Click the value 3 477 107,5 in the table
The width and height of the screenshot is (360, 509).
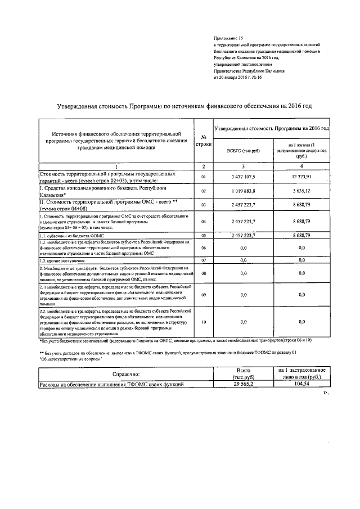coord(243,177)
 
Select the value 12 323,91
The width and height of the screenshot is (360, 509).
coord(301,177)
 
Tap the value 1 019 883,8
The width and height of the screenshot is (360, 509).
coord(243,191)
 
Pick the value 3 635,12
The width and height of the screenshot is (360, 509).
coord(301,191)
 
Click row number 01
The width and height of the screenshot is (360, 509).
coord(204,177)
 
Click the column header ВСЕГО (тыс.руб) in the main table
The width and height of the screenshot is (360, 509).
coord(243,151)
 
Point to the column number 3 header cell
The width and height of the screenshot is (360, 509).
coord(243,167)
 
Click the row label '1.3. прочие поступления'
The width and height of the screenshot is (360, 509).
coord(62,261)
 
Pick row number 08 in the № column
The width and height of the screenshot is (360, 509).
coord(204,273)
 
